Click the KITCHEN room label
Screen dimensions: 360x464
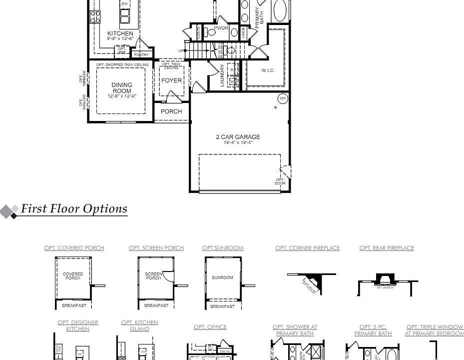tap(120, 33)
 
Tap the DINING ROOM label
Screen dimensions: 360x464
tap(122, 88)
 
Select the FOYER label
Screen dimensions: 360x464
tap(171, 80)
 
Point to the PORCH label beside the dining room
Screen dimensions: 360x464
tap(171, 111)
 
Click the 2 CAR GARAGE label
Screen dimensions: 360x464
tap(238, 136)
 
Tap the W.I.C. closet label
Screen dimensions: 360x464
tap(268, 70)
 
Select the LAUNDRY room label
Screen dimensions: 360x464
tap(223, 75)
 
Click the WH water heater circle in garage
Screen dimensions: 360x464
tap(283, 98)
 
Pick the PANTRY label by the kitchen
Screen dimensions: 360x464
tap(141, 54)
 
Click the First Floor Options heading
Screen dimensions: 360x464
tap(74, 209)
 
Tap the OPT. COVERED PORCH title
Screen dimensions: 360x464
tap(74, 248)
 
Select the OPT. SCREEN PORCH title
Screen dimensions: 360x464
tap(156, 248)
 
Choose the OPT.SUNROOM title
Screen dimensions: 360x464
tap(223, 248)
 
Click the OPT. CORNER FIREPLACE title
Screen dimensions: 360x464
tap(307, 248)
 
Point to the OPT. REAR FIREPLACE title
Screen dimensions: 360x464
tap(387, 248)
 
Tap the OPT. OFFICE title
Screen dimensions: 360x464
tap(210, 327)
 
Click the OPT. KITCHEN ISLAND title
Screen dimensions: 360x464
tap(139, 326)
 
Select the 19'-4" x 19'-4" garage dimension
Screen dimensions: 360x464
tap(238, 142)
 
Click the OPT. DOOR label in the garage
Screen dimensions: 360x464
tap(280, 181)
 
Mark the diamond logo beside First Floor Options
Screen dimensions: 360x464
tap(9, 211)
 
